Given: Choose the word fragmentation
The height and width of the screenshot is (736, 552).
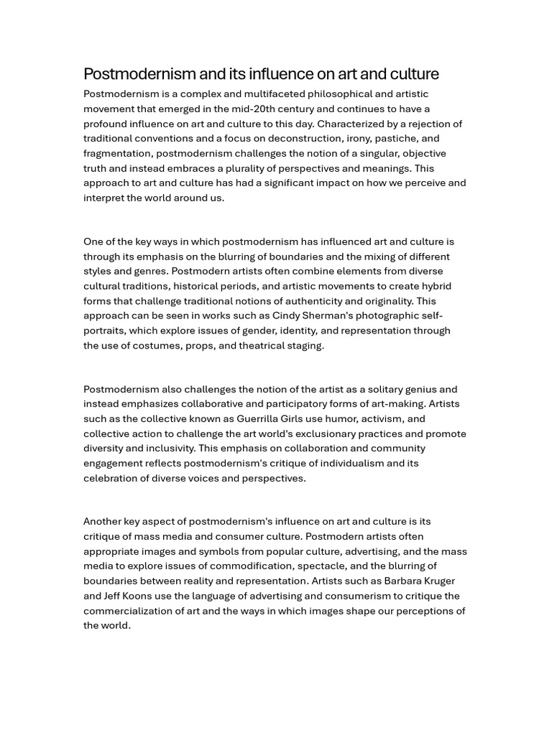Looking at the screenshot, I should pyautogui.click(x=117, y=153).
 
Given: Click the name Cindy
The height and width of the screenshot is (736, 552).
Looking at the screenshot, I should pyautogui.click(x=286, y=316).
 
